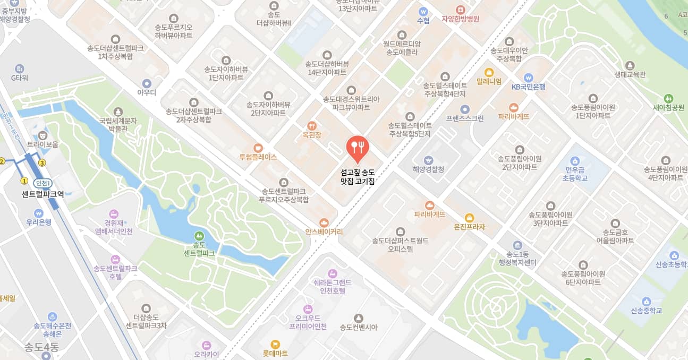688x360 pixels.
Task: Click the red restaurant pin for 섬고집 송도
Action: point(357,147)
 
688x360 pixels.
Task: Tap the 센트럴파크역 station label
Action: point(43,194)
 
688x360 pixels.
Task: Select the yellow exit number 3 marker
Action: point(42,163)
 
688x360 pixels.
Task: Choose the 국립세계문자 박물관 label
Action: point(118,124)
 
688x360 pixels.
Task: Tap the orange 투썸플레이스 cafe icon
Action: point(258,148)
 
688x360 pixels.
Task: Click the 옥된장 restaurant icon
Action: point(312,126)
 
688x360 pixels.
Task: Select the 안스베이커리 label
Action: point(324,232)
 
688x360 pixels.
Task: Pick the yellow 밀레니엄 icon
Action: point(489,72)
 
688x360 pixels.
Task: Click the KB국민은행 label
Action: point(528,87)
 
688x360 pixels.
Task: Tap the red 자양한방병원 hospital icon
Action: point(460,10)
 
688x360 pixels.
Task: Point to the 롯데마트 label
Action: point(275,353)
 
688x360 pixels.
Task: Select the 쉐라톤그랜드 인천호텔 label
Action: point(333,287)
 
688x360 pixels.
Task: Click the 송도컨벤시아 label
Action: point(358,327)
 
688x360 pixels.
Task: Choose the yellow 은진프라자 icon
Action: point(469,217)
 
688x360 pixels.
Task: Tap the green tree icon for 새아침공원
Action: point(668,98)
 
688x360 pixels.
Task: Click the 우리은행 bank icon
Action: point(38,213)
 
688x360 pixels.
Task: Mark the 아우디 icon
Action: point(147,83)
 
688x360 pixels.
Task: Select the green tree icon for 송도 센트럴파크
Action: point(199,235)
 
